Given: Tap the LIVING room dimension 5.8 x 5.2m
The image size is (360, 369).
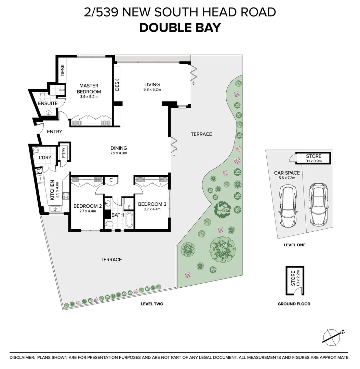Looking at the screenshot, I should pos(152,90).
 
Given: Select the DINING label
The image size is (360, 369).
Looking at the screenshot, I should pos(119,148).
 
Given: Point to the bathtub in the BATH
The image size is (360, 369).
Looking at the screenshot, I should pos(129,220).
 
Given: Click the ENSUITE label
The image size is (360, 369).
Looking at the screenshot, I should pos(48,103).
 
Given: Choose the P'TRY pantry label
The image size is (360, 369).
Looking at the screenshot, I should pos(64,153).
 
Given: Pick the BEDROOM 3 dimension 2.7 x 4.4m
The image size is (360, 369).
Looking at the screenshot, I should pos(152,209).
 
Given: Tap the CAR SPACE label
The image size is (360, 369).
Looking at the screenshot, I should pos(286,173).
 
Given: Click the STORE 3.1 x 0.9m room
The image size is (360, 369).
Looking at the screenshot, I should pos(314,158).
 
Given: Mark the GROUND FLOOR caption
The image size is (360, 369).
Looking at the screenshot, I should pos(294,304).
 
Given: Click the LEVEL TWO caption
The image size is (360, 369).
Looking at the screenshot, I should pos(152,304).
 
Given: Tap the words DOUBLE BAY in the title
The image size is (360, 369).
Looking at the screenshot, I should pos(180,28).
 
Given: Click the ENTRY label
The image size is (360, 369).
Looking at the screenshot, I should pos(54,132).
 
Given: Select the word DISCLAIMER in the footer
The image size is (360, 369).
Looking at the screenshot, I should pos(22,357).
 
